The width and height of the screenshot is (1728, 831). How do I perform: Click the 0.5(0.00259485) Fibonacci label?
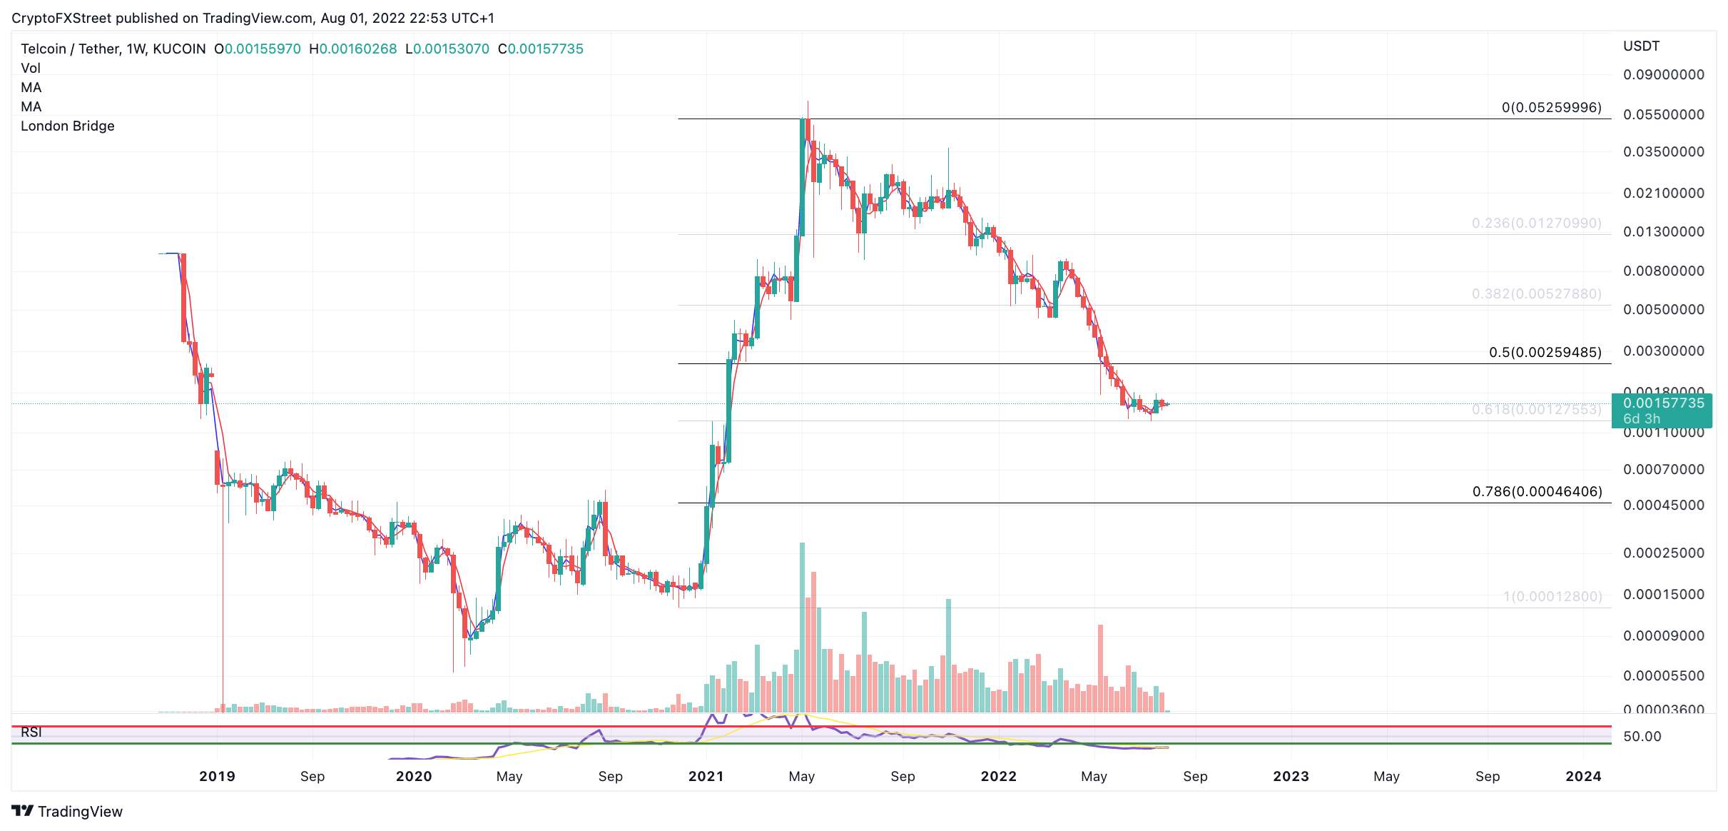[x=1545, y=353]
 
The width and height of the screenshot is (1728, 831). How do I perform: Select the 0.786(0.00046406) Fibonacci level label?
[x=1537, y=492]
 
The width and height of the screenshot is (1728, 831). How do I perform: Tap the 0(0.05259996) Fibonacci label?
[x=1551, y=108]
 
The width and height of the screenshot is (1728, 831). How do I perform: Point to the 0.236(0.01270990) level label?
[x=1536, y=223]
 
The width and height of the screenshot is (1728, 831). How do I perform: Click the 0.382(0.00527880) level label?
[x=1536, y=294]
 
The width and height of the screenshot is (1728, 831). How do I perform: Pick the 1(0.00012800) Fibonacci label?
[x=1552, y=597]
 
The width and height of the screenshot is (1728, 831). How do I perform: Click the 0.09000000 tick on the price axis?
[x=1663, y=75]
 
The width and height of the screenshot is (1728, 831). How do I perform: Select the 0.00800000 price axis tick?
[x=1663, y=271]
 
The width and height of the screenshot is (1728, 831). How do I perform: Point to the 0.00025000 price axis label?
[x=1663, y=553]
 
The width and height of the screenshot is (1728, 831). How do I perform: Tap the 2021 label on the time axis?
[x=706, y=777]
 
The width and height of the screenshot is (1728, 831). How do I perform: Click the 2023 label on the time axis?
[x=1291, y=777]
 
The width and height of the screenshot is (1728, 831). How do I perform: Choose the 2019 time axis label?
[x=217, y=777]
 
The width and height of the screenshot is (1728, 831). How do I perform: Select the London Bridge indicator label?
[x=68, y=126]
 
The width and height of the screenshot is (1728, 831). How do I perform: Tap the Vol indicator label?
[x=31, y=69]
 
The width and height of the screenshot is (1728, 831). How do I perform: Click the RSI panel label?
[x=31, y=732]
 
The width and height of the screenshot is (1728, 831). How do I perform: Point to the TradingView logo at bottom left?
[x=67, y=812]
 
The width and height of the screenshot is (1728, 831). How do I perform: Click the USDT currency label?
[x=1641, y=46]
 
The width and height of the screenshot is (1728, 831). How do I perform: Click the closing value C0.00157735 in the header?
[x=541, y=49]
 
